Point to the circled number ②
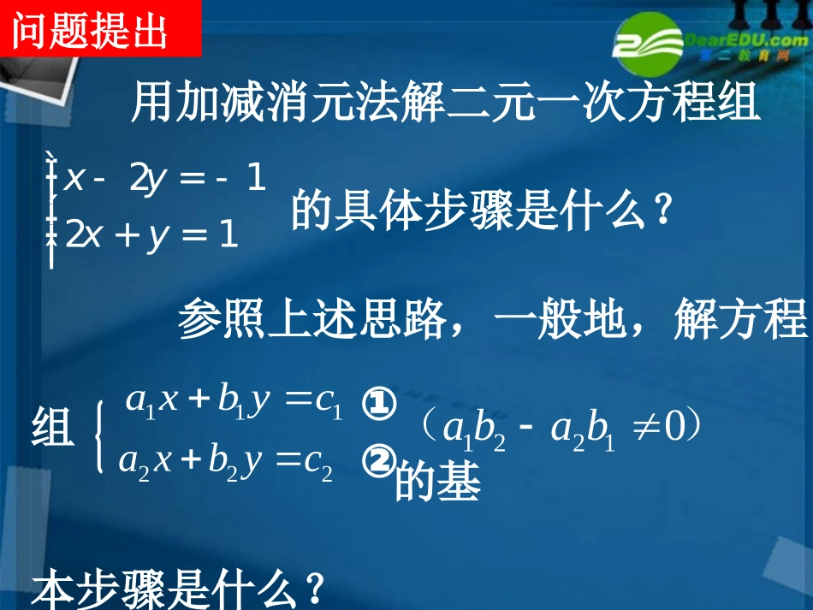coord(378,461)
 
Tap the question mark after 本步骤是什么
coord(315,589)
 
